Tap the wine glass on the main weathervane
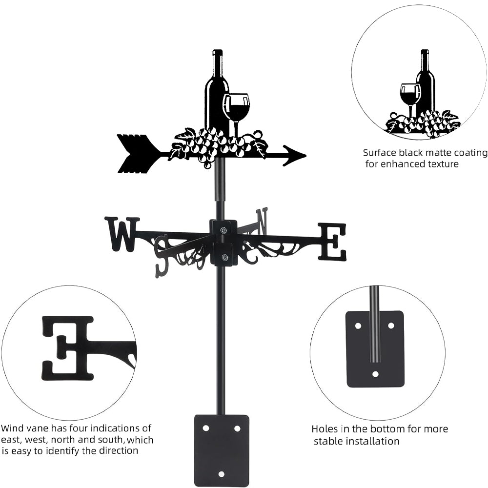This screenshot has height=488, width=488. tap(236, 107)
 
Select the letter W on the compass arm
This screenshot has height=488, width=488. tap(122, 234)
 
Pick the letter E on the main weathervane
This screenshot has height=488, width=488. tap(332, 242)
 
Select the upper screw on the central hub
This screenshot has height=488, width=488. tap(224, 230)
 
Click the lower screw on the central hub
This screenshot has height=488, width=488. tap(224, 257)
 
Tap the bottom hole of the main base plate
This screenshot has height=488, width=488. tap(222, 474)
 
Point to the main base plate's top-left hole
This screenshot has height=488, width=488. tap(206, 428)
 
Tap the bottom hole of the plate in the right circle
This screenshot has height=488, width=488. tap(375, 374)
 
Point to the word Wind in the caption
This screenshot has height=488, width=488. tap(12, 428)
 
